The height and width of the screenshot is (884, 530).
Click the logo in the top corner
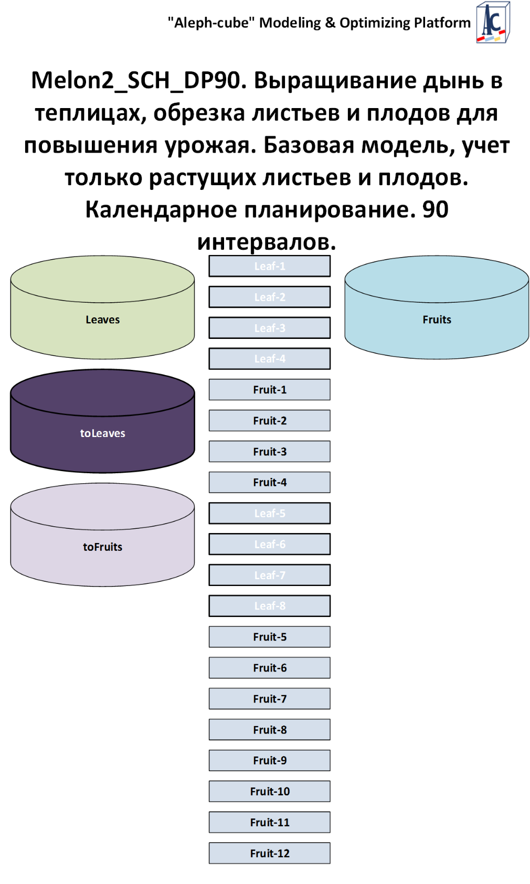click(x=493, y=23)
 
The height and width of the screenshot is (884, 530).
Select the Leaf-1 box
click(x=270, y=266)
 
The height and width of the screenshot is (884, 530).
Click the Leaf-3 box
click(x=270, y=328)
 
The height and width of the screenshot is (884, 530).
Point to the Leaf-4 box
click(x=270, y=359)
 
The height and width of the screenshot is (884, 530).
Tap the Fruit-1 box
click(x=270, y=390)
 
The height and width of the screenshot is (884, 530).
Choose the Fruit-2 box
click(x=270, y=421)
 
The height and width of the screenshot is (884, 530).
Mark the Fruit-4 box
click(x=270, y=482)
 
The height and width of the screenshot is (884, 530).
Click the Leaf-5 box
click(x=270, y=513)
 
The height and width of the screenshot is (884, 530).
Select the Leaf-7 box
click(x=270, y=575)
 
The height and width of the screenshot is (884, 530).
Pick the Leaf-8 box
click(x=270, y=606)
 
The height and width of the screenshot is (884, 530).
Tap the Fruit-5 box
click(x=270, y=637)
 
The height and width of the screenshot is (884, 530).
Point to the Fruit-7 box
click(x=270, y=699)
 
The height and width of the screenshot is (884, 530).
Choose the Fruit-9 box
click(x=270, y=760)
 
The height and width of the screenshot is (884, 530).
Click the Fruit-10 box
click(x=270, y=791)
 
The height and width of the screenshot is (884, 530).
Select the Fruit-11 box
click(x=270, y=822)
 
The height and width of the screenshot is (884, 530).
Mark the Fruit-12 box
click(x=270, y=853)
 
